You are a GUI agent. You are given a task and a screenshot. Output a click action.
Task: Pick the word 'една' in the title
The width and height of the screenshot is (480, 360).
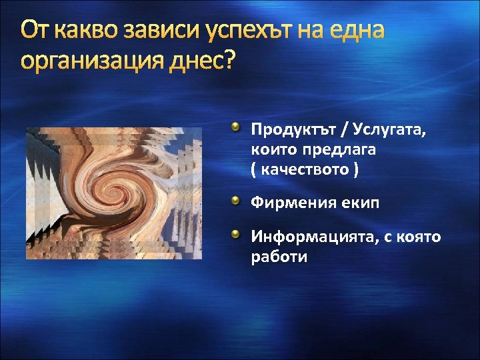[x=357, y=31]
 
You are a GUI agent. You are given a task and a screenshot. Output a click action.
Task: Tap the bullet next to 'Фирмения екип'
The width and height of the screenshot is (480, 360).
[x=237, y=201]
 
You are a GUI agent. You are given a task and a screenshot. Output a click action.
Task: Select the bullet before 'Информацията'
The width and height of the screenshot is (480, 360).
[x=237, y=235]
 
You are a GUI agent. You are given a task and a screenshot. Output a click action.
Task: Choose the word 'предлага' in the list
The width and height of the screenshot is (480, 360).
[x=342, y=149]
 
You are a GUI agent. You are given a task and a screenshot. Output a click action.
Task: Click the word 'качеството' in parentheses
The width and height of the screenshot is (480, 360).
[x=304, y=171]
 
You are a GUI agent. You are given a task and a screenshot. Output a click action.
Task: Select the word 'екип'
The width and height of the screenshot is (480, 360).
[x=361, y=203]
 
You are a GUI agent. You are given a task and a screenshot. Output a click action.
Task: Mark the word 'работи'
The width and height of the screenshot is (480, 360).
[x=279, y=257]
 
